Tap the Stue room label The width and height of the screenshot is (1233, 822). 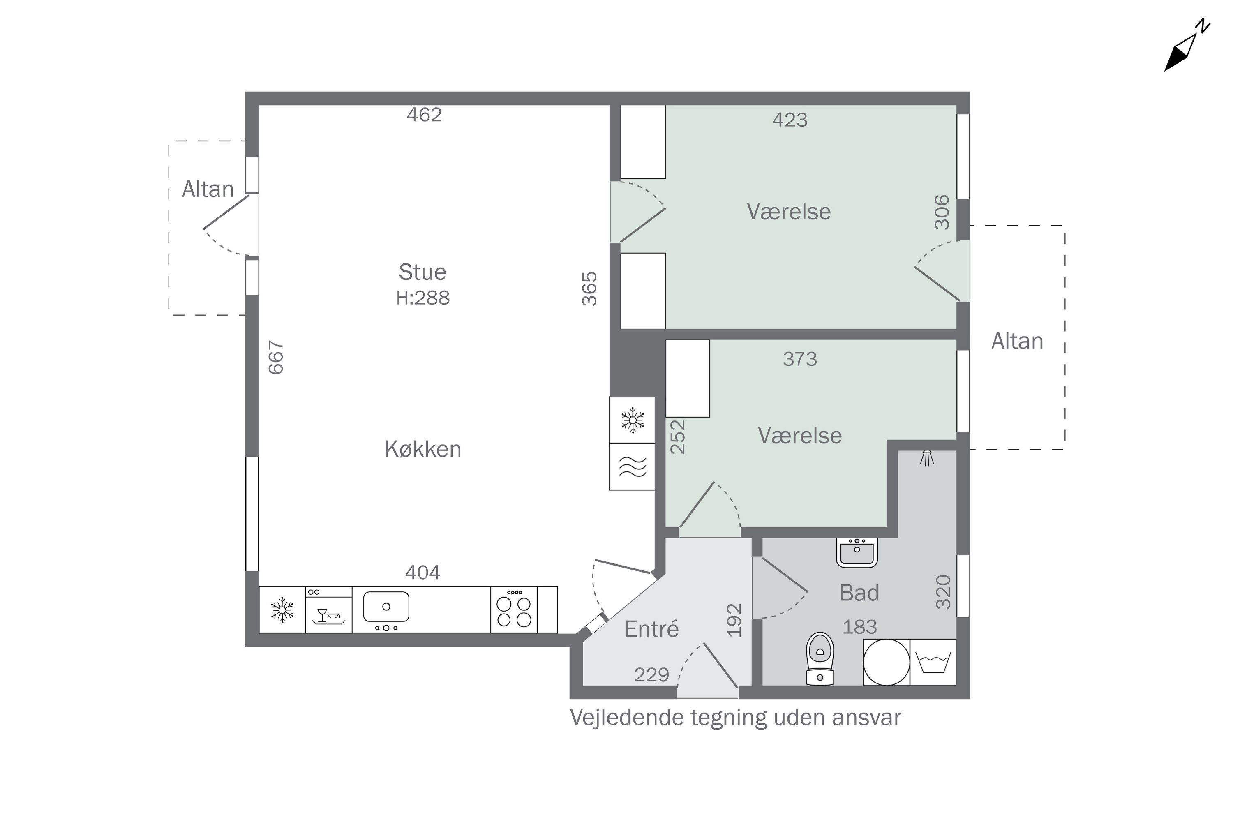(x=422, y=272)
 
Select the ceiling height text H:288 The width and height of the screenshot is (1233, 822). (x=423, y=298)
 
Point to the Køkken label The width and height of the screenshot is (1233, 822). (x=423, y=449)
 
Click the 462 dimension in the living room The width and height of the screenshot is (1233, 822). (x=424, y=115)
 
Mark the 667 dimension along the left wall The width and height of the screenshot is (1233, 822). (x=276, y=358)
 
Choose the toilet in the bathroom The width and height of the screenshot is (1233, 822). (x=820, y=659)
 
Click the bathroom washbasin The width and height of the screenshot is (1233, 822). (x=857, y=552)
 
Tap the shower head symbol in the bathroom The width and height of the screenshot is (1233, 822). (x=927, y=458)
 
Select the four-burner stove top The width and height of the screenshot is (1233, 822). (x=514, y=610)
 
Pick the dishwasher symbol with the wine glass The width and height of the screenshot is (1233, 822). (x=329, y=610)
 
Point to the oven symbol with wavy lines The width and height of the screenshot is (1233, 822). (x=632, y=466)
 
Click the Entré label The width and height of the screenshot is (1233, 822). (x=651, y=629)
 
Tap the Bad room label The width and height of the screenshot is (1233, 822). (x=859, y=593)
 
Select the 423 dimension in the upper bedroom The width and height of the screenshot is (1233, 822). (x=790, y=120)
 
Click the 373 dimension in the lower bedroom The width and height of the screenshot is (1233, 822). (x=800, y=359)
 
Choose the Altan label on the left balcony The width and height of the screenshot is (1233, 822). (x=208, y=189)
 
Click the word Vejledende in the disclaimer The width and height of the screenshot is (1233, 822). (x=627, y=718)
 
